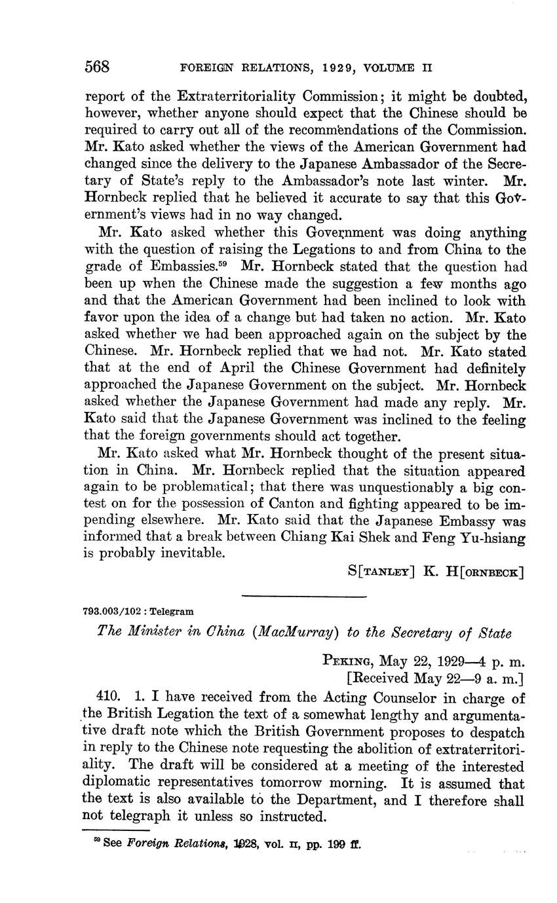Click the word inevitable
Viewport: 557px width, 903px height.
(x=187, y=553)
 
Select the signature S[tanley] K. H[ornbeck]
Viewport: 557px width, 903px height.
(x=436, y=571)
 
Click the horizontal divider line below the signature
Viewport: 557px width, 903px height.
(x=303, y=595)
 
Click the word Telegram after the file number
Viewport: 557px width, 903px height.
(x=172, y=611)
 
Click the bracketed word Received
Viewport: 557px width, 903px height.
(x=380, y=677)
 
